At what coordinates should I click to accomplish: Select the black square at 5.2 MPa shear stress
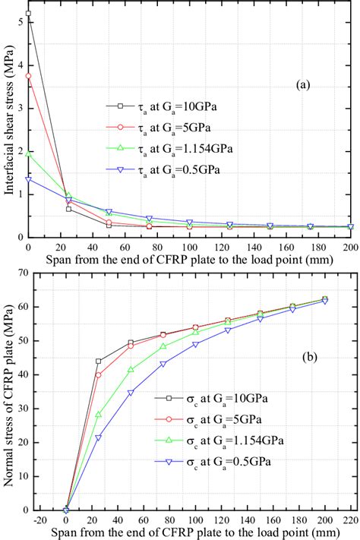(x=28, y=14)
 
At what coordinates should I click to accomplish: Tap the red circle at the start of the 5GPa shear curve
(x=28, y=76)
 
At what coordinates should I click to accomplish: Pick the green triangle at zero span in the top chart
(x=28, y=153)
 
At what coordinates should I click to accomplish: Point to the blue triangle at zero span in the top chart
(x=28, y=179)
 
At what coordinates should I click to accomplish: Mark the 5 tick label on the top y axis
(x=19, y=23)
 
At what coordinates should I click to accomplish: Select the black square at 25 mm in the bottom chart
(x=99, y=362)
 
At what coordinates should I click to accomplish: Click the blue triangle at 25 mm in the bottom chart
(x=99, y=438)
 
